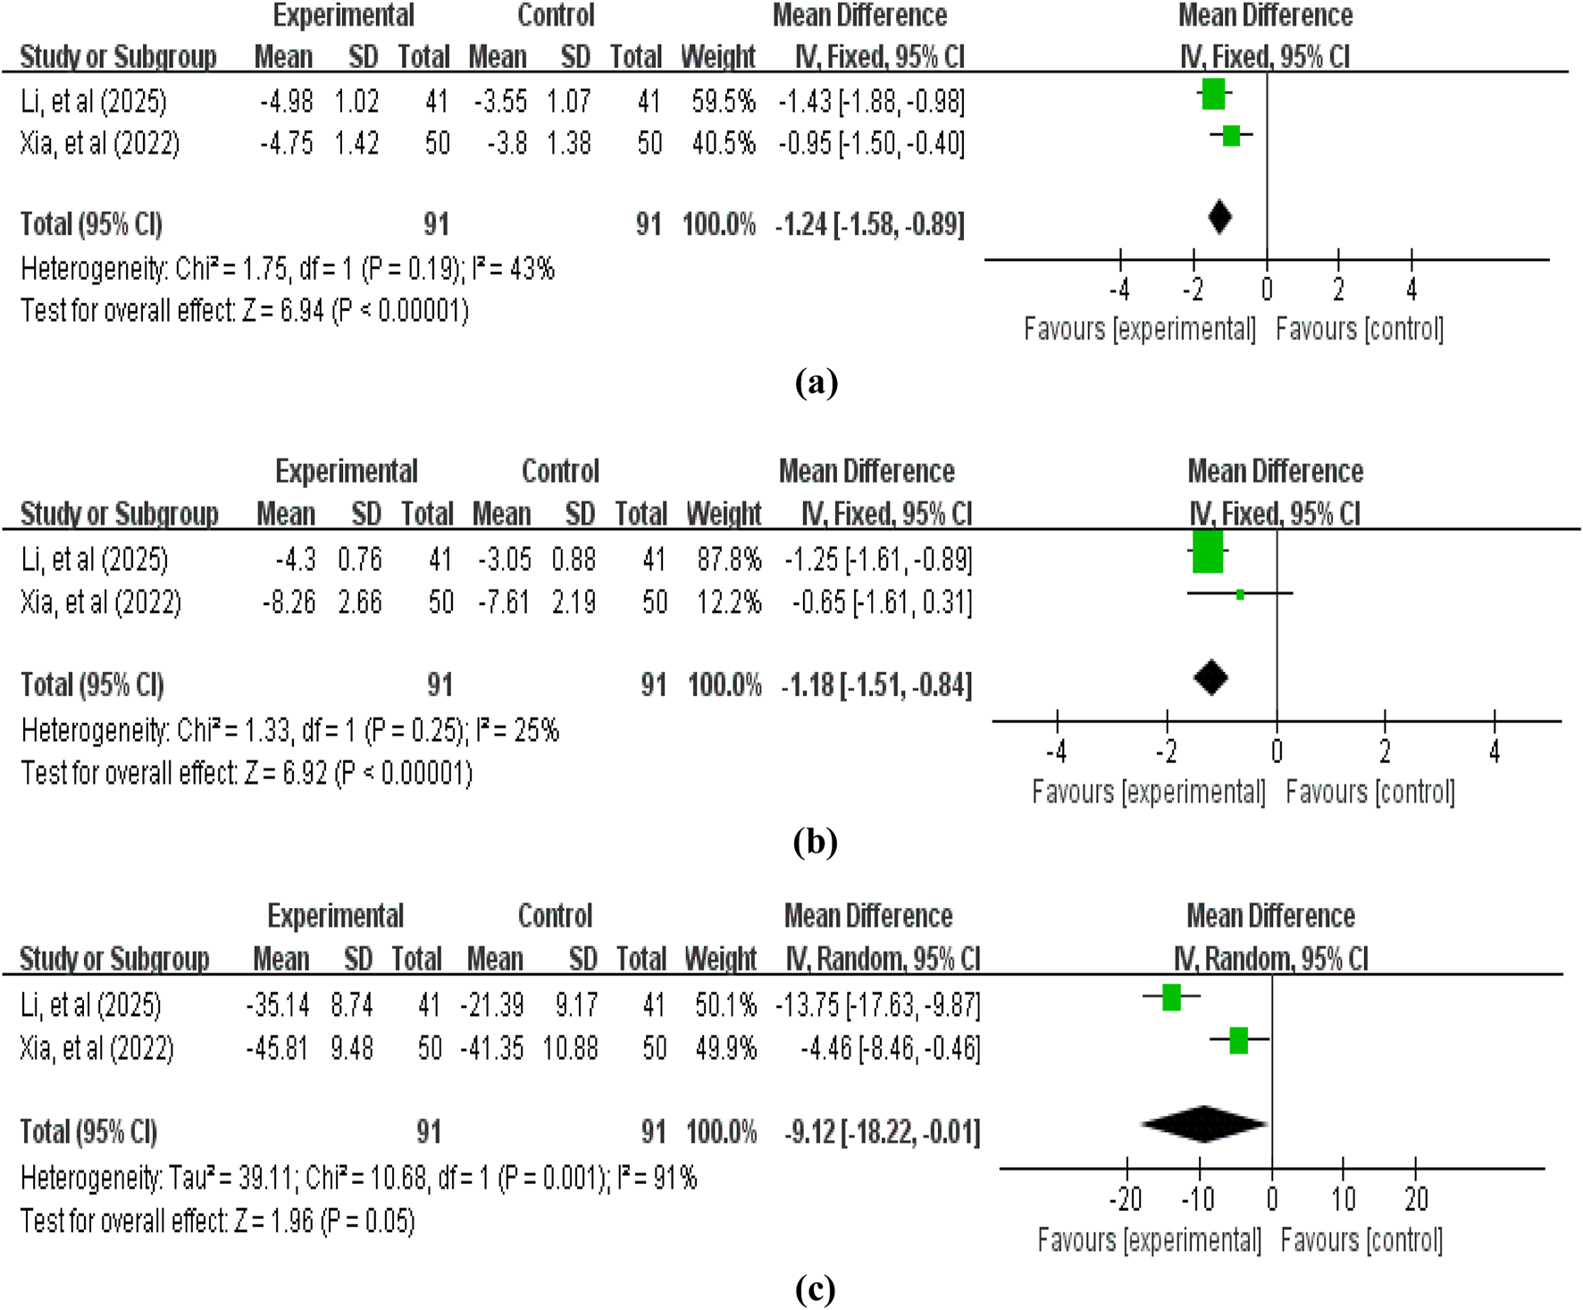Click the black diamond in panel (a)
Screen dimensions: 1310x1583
pos(1219,217)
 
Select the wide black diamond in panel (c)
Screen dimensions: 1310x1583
pos(1204,1124)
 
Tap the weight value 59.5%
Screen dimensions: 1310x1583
pos(723,102)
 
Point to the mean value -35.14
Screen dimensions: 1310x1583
pos(278,1005)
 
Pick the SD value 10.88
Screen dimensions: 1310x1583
pos(570,1048)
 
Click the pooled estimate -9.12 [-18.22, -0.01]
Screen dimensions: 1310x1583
pos(882,1133)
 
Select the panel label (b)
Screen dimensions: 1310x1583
pos(815,842)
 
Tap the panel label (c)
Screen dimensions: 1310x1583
pos(815,1289)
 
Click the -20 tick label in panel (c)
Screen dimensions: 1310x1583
pos(1125,1199)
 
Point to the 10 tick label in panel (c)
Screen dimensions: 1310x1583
pos(1344,1199)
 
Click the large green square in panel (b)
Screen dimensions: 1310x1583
pos(1208,551)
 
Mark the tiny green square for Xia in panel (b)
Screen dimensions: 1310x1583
pos(1240,594)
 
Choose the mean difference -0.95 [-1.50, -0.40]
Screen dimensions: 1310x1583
pos(871,144)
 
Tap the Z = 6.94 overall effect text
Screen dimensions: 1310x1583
pos(283,311)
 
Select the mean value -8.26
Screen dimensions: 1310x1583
pos(289,603)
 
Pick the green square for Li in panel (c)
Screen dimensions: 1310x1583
pos(1171,997)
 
